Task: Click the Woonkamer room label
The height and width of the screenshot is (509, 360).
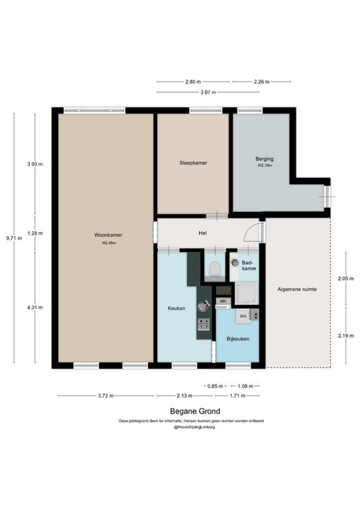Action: click(108, 235)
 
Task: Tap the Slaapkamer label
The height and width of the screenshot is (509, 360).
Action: click(193, 163)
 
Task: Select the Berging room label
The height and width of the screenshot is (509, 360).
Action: click(265, 159)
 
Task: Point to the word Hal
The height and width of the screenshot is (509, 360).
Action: click(203, 233)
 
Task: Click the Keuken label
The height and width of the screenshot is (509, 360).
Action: click(176, 308)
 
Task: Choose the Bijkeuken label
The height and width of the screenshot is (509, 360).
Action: click(238, 339)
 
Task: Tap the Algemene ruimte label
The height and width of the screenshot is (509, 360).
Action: click(297, 289)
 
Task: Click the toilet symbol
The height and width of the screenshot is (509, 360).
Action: click(215, 269)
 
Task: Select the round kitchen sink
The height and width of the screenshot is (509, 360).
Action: click(204, 306)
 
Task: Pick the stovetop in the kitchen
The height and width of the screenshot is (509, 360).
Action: click(204, 324)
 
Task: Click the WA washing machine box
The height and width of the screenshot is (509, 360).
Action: click(243, 316)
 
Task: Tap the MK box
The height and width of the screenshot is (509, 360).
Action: click(223, 302)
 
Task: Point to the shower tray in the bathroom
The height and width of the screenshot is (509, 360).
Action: click(247, 294)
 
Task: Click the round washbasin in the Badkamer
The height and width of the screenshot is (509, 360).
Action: click(235, 262)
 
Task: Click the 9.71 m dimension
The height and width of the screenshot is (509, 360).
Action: click(15, 238)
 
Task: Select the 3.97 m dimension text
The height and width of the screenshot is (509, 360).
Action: click(208, 92)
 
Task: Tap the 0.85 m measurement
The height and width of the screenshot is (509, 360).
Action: click(215, 386)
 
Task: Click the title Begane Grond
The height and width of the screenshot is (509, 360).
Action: click(195, 411)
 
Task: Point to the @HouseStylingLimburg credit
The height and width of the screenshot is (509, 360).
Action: click(194, 427)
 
